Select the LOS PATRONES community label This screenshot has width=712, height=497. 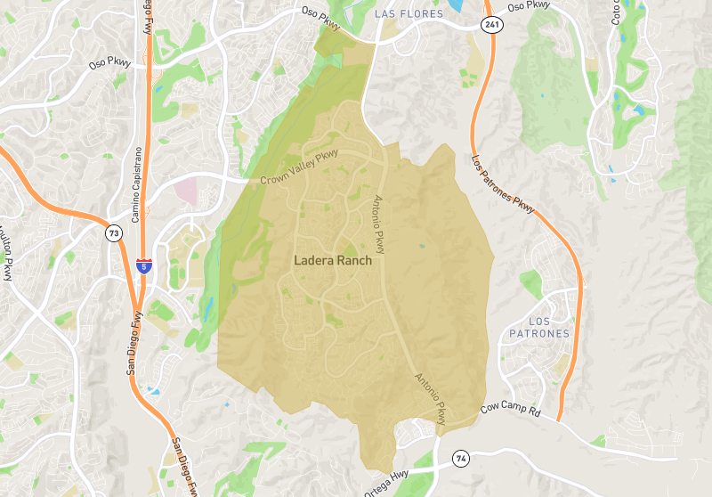tap(539, 327)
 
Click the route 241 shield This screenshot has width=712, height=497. tap(490, 24)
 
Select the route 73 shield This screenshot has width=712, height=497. tap(113, 233)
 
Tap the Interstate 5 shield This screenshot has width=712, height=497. tap(144, 265)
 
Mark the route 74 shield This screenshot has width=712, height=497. tap(460, 458)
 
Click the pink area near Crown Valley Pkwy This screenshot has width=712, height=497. tap(186, 189)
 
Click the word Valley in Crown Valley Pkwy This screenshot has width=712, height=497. tap(303, 167)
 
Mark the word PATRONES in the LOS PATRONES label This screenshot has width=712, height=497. tap(539, 333)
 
